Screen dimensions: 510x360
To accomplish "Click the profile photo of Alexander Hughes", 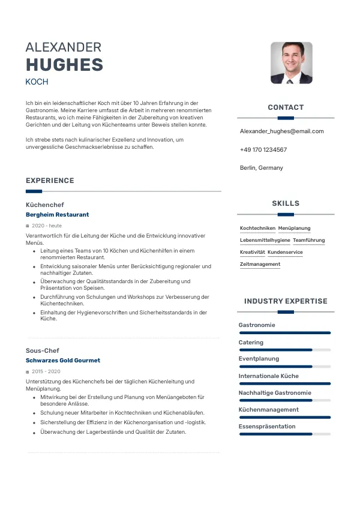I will click(x=291, y=62).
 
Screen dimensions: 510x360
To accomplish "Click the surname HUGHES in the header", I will click(x=64, y=65).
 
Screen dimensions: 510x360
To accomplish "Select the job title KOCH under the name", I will click(x=37, y=82).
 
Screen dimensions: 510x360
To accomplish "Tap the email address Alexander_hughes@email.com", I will click(x=281, y=131).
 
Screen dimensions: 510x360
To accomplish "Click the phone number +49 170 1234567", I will click(x=263, y=149).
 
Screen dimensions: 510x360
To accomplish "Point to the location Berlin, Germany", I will click(x=261, y=167).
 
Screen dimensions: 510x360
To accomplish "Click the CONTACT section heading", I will click(x=286, y=107).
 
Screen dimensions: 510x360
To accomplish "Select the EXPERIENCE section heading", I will click(x=50, y=181).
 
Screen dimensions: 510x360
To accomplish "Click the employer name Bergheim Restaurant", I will click(x=57, y=214).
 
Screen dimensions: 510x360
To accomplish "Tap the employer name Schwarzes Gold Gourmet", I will click(x=62, y=361).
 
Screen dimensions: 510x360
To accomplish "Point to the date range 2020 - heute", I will click(x=46, y=226).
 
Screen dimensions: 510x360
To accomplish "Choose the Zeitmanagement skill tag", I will click(x=260, y=264).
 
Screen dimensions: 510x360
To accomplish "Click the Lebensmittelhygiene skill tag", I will click(x=265, y=240).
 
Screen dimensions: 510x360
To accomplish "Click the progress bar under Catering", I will click(x=284, y=350).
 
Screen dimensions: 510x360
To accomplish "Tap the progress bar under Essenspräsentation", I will click(x=284, y=434).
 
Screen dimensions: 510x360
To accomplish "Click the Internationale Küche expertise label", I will click(x=268, y=376).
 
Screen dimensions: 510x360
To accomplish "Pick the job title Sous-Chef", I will click(x=42, y=350).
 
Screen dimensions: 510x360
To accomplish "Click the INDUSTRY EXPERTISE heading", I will click(x=286, y=301).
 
